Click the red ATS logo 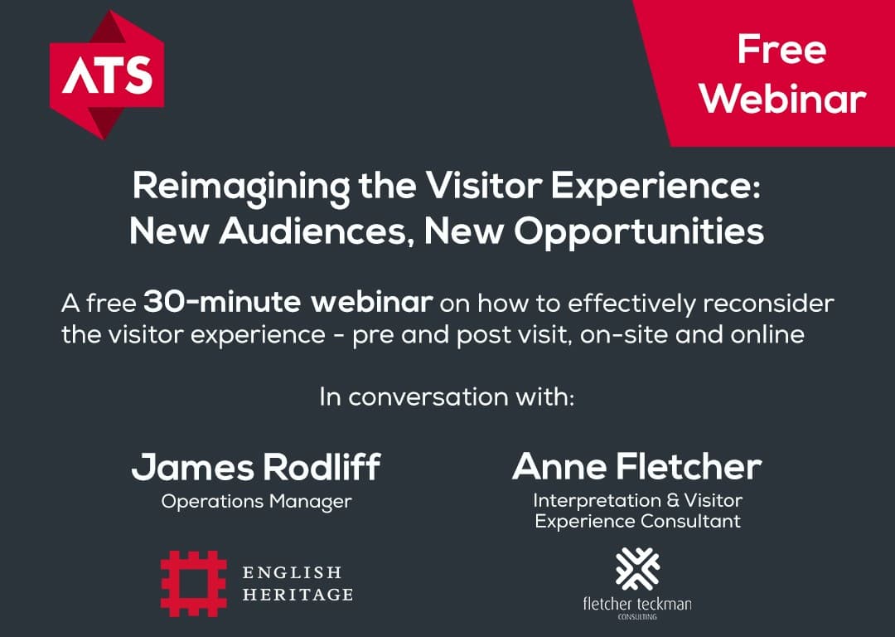107,75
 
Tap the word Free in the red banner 781,50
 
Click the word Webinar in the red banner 783,99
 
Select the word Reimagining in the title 241,187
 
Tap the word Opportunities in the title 638,232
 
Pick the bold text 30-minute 222,302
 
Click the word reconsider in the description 767,303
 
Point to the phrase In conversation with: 447,396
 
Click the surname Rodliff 322,467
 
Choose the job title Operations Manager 256,502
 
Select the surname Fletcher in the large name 689,466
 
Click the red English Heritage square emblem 193,583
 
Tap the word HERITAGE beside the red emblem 298,595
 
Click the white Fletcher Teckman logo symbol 637,569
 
